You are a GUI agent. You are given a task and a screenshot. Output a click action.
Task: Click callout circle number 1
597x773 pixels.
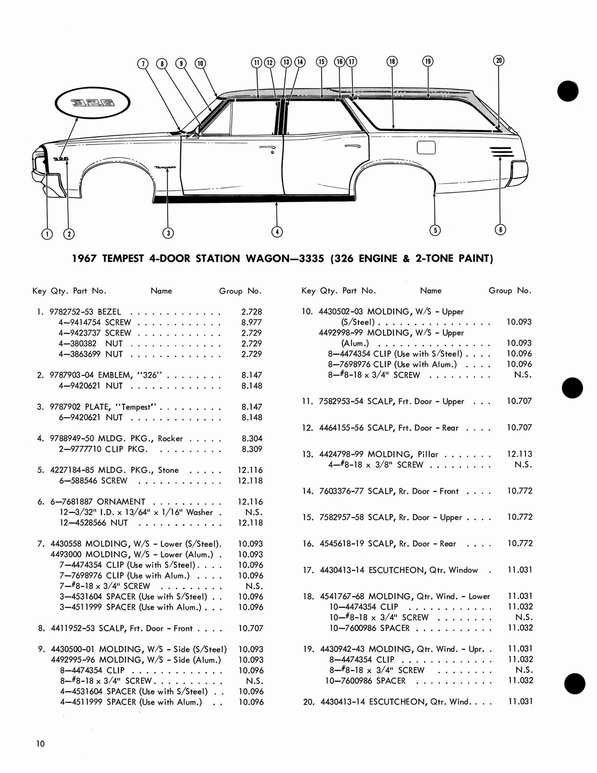click(47, 234)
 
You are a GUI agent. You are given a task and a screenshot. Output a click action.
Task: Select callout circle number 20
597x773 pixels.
click(499, 60)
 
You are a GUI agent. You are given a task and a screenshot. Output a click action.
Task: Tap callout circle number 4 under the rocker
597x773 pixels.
click(277, 232)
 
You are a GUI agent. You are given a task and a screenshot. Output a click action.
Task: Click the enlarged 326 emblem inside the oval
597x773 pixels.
click(93, 103)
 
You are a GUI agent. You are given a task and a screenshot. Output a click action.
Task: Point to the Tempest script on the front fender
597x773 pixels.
click(165, 167)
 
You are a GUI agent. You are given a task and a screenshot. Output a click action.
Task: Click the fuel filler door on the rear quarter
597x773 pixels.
click(426, 147)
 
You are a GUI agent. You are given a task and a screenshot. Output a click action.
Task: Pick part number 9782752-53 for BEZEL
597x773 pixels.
click(72, 312)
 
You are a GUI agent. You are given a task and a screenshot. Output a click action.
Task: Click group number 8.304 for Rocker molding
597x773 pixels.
click(252, 439)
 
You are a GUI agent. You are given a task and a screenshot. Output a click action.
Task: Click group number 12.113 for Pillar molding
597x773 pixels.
click(519, 454)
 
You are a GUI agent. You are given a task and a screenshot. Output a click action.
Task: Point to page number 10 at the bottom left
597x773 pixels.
click(40, 744)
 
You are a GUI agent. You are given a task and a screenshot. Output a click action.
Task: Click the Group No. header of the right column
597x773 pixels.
click(510, 290)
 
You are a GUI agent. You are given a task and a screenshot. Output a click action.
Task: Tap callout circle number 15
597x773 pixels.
click(322, 61)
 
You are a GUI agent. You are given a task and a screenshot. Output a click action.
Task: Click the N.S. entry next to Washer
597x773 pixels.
click(251, 512)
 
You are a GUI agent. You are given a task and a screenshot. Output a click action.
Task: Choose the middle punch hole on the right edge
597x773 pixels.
click(573, 387)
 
